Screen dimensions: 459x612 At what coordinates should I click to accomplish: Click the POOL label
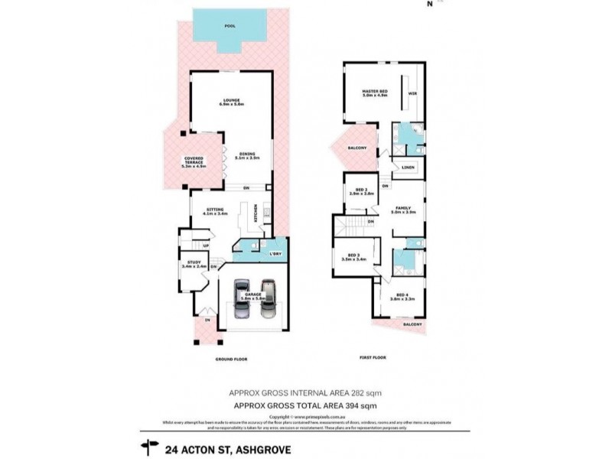(229, 27)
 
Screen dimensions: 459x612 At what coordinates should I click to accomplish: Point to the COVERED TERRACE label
(193, 161)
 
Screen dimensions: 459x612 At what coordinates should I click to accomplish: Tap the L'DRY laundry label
(274, 253)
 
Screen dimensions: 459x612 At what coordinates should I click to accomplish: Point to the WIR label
(412, 93)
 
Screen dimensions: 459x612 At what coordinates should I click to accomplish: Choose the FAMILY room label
(403, 210)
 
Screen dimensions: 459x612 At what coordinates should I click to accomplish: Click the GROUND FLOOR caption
(231, 358)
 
